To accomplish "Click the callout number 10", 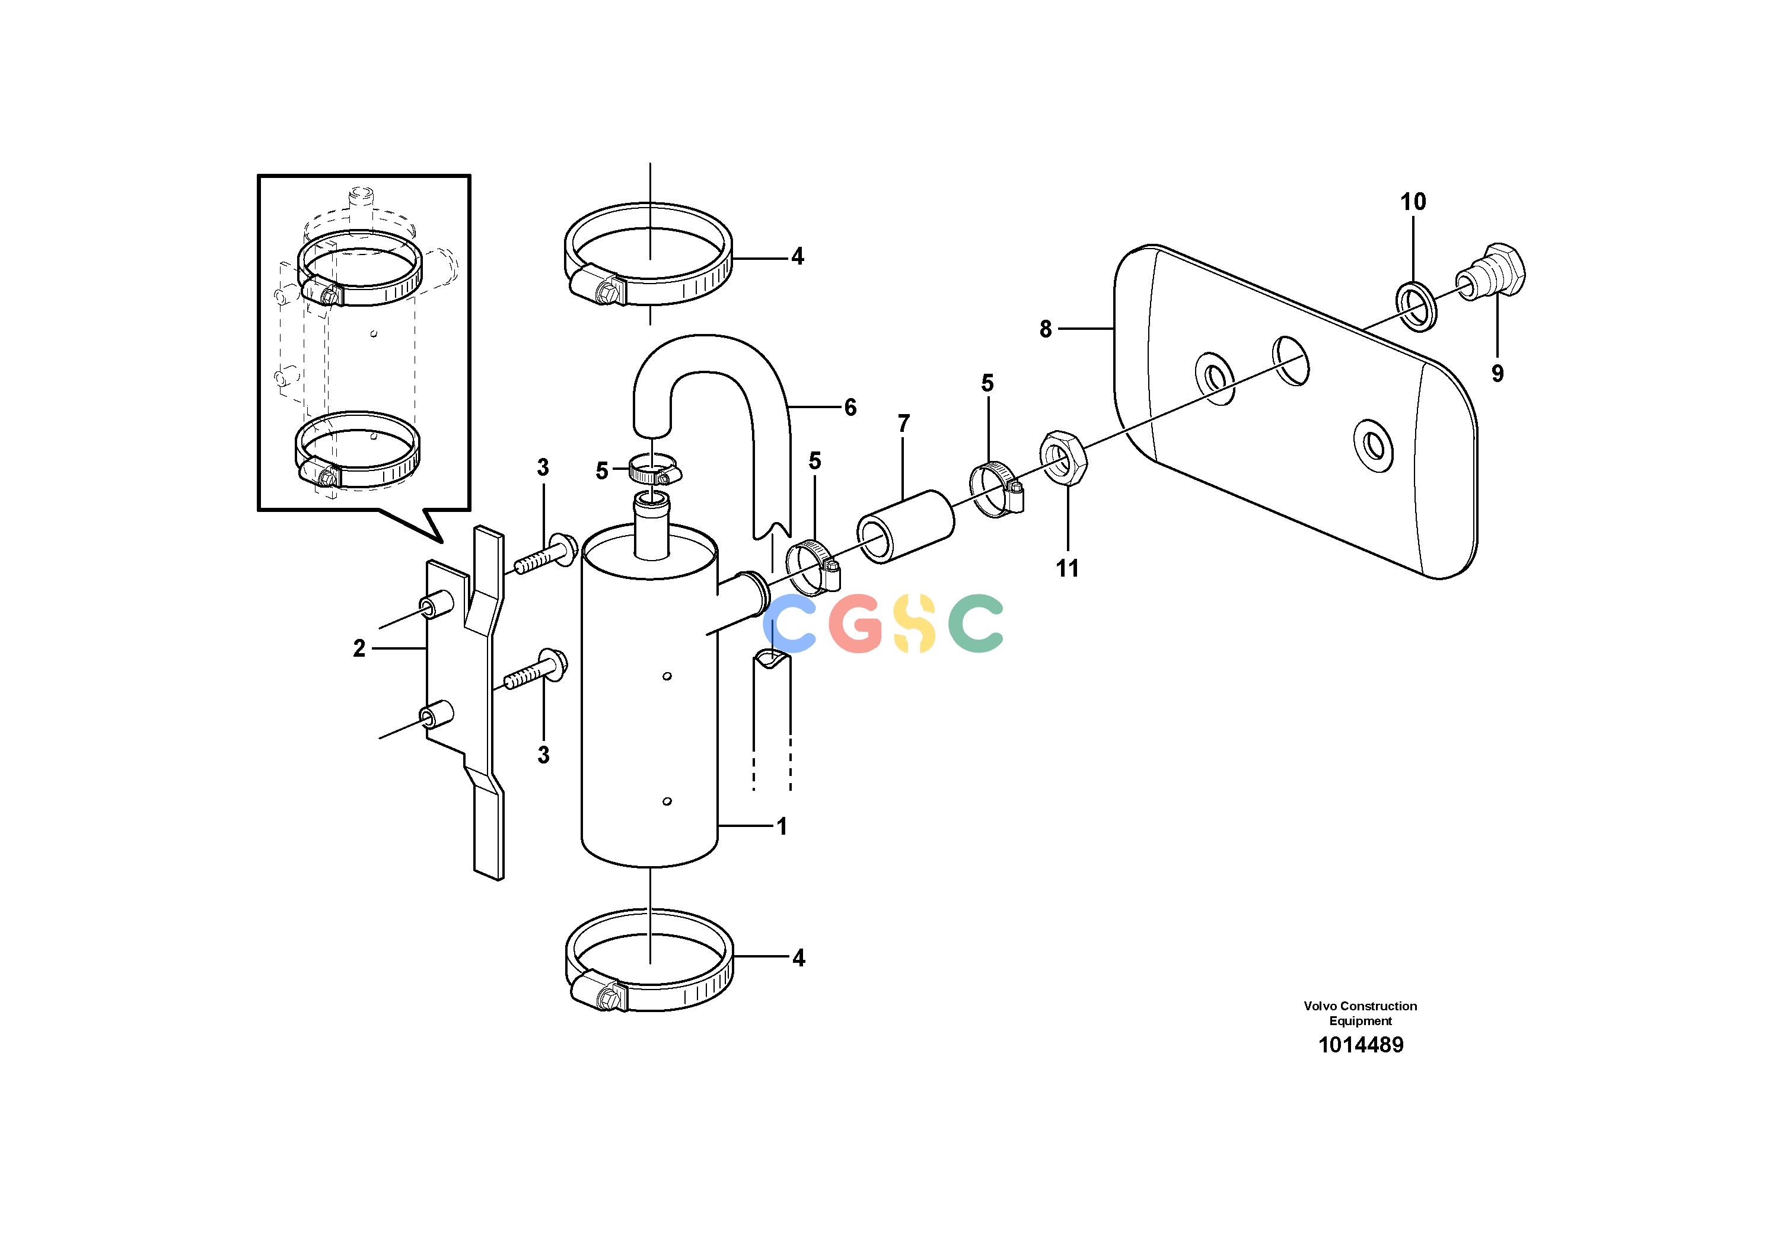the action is tap(1413, 202).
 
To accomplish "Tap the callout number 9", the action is tap(1498, 374).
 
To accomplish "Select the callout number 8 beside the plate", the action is tap(1046, 329).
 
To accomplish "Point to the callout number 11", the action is tap(1067, 568).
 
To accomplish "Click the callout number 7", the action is tap(904, 424).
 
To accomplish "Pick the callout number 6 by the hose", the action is tap(850, 408).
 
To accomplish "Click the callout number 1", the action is tap(782, 826).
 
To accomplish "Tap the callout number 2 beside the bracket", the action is tap(359, 649).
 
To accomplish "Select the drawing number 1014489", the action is tap(1361, 1045).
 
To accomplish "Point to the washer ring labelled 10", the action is tap(1416, 307).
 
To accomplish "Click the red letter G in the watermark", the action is tap(857, 623).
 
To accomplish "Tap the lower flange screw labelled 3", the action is tap(535, 669).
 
